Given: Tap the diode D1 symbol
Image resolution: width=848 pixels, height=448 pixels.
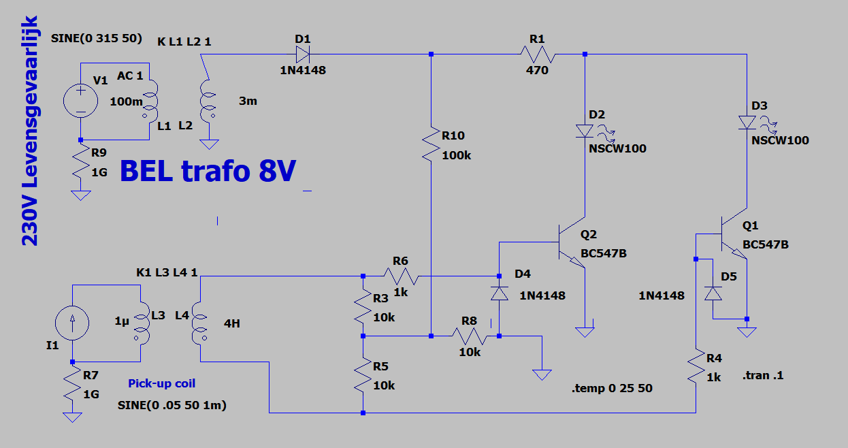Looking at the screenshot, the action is coord(303,54).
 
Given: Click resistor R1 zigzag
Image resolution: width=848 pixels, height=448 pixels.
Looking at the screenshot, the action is coord(538,54).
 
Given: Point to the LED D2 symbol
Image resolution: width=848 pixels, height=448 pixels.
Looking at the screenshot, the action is coord(585,131).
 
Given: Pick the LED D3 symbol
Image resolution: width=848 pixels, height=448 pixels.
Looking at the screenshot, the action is coord(747,123).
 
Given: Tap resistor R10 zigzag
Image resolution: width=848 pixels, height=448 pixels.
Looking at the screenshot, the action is coord(431,144).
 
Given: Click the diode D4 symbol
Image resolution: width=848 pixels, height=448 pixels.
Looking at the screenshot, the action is coord(500,293).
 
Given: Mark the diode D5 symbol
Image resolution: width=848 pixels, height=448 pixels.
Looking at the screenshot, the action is coord(713,293).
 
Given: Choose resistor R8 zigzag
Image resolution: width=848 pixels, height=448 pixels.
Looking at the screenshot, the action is coord(470,336).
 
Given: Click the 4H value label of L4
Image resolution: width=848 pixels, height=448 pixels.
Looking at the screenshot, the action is coord(231,323).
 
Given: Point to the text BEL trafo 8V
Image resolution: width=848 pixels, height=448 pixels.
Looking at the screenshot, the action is coord(208,171).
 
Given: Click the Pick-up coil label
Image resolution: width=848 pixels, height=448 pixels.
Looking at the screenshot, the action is coord(162,383).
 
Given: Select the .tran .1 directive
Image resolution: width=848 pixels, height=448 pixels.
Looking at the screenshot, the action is coord(762,375).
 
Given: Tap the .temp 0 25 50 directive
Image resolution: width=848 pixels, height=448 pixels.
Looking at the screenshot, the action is coord(612,388).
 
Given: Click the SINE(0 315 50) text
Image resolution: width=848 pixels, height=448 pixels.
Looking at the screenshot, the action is coord(97,38).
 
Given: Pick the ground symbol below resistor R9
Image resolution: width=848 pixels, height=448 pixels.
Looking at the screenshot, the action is coord(80,195).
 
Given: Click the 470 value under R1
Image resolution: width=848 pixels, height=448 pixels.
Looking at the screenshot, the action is coord(537,70).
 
